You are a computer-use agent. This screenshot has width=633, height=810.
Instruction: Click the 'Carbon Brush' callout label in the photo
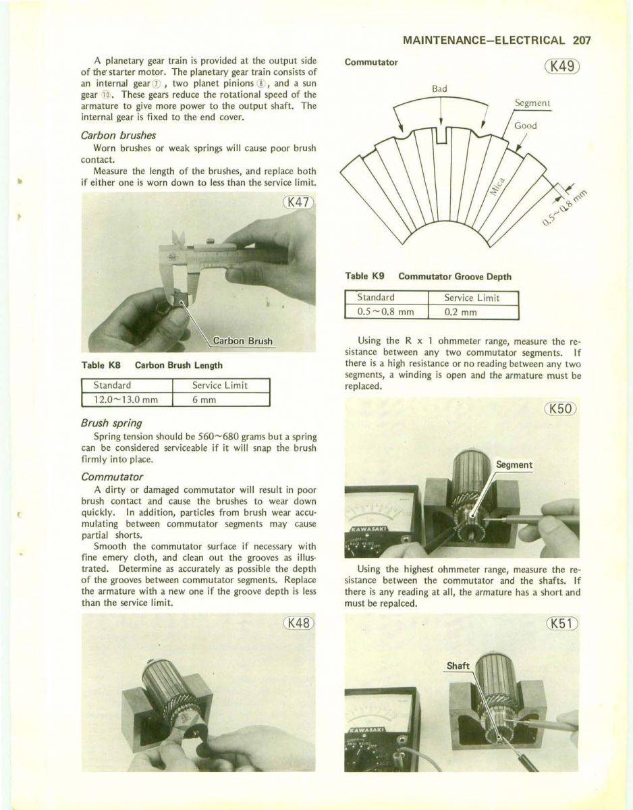point(242,341)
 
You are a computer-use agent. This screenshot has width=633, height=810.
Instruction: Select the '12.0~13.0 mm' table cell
point(127,399)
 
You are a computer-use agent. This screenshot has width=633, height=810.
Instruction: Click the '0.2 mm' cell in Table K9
point(462,313)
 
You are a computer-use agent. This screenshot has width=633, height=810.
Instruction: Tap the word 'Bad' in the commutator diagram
point(440,88)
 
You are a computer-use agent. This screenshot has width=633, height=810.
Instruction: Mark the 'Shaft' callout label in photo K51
point(458,666)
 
